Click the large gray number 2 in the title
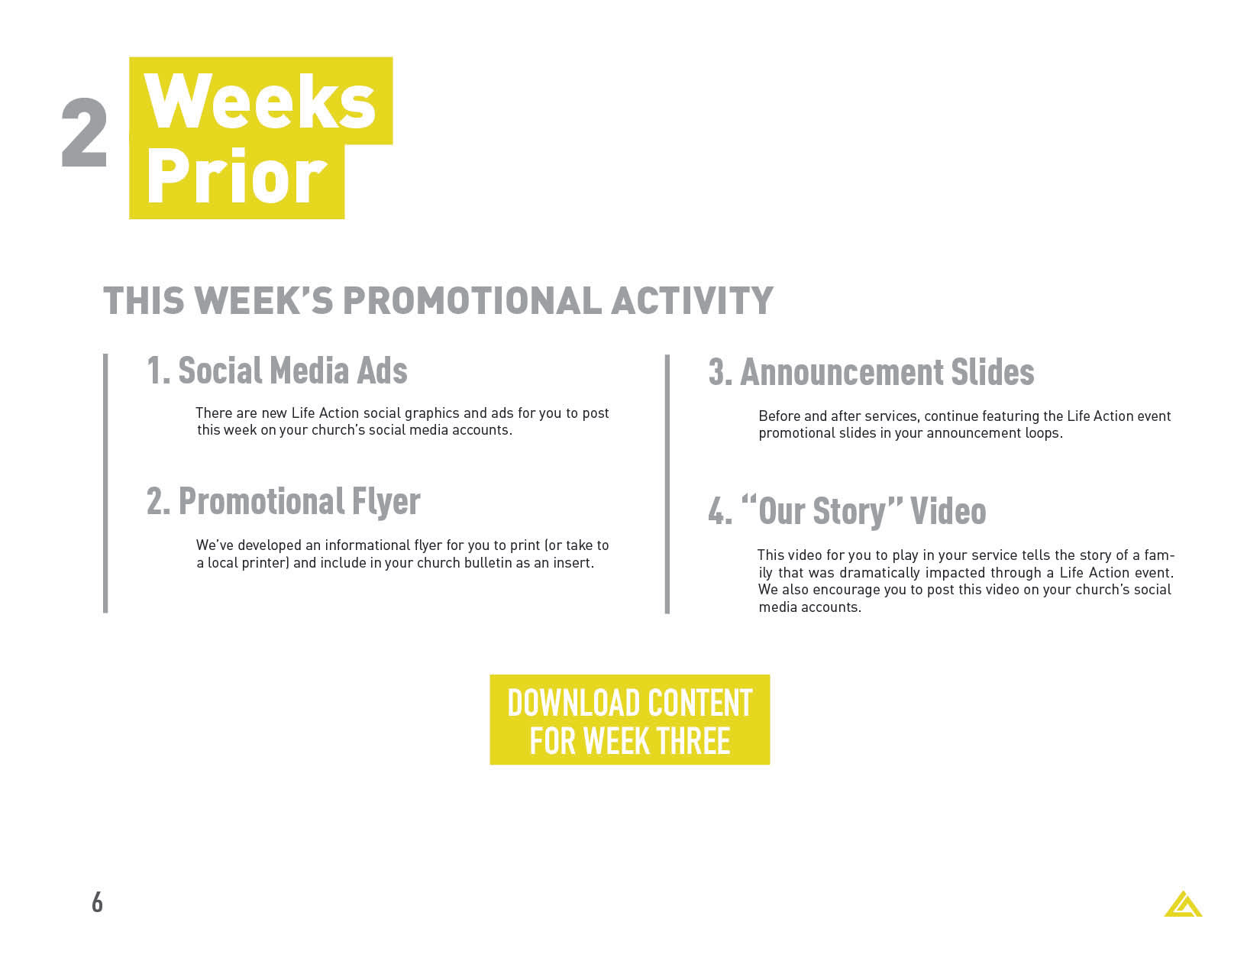click(84, 133)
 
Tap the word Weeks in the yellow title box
click(260, 102)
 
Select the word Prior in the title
click(237, 176)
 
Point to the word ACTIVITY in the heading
click(693, 300)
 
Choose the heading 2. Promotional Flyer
click(283, 502)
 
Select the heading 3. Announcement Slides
click(871, 372)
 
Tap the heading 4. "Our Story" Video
click(847, 511)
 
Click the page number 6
click(98, 903)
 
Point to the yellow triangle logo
click(1184, 904)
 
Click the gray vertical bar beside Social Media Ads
click(105, 484)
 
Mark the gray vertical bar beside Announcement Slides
click(667, 484)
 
